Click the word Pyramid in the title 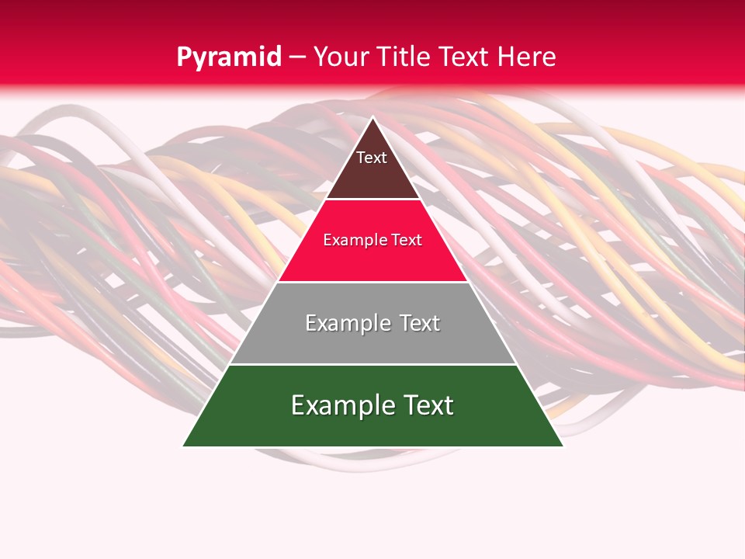coord(229,57)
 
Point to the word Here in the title coord(526,57)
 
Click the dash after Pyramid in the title coord(298,57)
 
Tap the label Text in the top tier coord(372,158)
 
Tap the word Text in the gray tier coord(418,323)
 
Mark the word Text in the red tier coord(406,240)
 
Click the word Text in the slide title coord(466,57)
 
